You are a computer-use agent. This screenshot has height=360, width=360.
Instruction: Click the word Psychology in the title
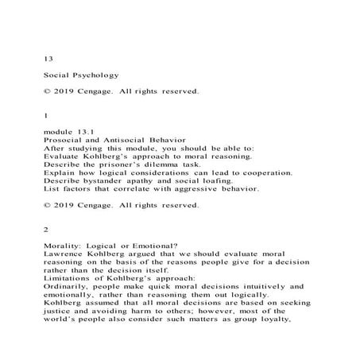[91, 75]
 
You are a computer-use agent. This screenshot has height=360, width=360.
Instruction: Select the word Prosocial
[64, 139]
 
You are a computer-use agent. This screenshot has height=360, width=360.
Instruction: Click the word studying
[83, 149]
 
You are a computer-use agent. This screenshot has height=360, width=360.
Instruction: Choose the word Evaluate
[64, 157]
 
